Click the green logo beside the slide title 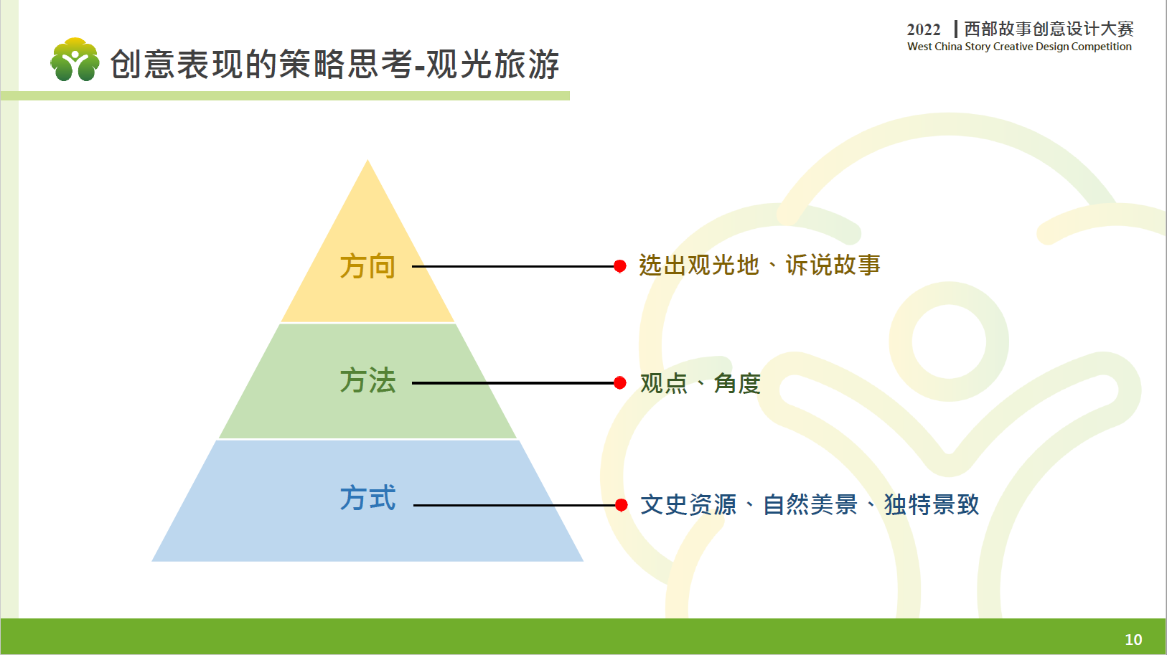coord(75,60)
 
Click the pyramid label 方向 coord(367,267)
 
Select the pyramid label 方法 coord(367,380)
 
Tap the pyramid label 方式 coord(367,498)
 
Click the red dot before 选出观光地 coord(620,267)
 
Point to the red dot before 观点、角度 coord(620,383)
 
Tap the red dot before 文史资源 coord(621,505)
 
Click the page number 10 coord(1134,639)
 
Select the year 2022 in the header coord(924,29)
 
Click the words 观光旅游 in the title coord(493,65)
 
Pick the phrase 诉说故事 coord(833,265)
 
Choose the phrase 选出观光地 coord(698,265)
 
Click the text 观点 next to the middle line coord(664,383)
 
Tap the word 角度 coord(737,383)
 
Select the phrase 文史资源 coord(688,504)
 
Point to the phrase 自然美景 coord(810,504)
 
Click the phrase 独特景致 coord(932,504)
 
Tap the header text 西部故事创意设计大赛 coord(1049,29)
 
